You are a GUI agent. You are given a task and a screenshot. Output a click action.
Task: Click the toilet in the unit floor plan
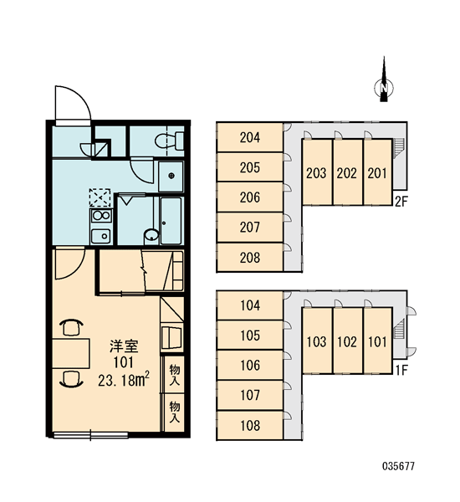pyautogui.click(x=169, y=141)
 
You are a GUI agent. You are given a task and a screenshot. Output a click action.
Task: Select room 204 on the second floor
pyautogui.click(x=250, y=137)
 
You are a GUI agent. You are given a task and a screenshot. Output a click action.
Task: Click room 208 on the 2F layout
pyautogui.click(x=250, y=258)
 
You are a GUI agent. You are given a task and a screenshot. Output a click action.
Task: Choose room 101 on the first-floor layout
pyautogui.click(x=378, y=341)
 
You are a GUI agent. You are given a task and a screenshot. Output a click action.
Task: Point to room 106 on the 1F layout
pyautogui.click(x=250, y=366)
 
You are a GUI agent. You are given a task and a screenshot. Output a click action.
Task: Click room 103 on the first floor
pyautogui.click(x=317, y=341)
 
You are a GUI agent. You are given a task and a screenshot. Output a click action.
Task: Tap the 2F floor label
pyautogui.click(x=401, y=202)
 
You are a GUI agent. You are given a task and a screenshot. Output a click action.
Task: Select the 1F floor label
pyautogui.click(x=401, y=371)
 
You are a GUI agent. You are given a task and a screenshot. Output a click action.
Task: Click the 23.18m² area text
pyautogui.click(x=124, y=380)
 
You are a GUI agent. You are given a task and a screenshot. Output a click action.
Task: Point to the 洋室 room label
pyautogui.click(x=124, y=346)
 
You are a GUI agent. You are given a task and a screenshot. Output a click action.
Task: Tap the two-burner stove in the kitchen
pyautogui.click(x=101, y=216)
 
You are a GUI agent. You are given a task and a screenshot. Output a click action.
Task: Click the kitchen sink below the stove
pyautogui.click(x=101, y=236)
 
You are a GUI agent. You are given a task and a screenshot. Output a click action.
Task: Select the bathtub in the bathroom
pyautogui.click(x=171, y=221)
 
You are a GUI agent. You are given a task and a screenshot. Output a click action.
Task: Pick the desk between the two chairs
pyautogui.click(x=71, y=353)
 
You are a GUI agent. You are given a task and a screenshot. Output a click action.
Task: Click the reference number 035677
pyautogui.click(x=399, y=466)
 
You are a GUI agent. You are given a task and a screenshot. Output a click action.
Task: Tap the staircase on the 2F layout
pyautogui.click(x=399, y=148)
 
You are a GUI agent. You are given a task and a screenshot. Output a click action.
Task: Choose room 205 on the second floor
pyautogui.click(x=250, y=167)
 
